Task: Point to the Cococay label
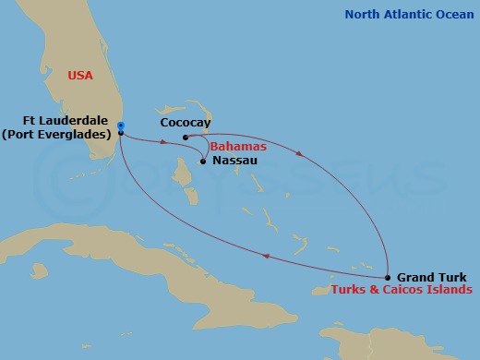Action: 184,122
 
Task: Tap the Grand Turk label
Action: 426,277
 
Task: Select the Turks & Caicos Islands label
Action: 402,290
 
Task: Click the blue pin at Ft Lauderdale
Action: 121,126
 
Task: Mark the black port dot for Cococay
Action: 186,138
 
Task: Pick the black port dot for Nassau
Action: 203,162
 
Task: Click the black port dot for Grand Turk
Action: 387,277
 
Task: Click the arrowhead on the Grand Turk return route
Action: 267,258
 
